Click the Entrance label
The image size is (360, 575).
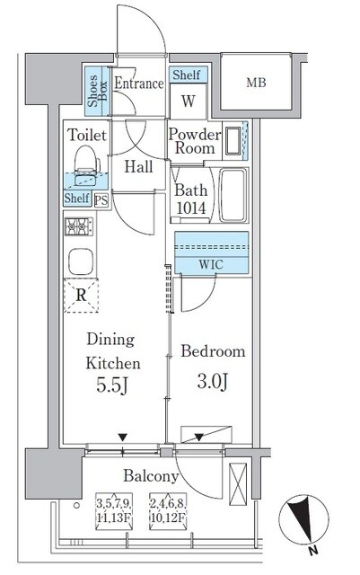(139, 84)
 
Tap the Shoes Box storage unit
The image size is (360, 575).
(97, 91)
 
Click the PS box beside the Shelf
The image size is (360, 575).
(101, 200)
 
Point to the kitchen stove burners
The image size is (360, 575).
(79, 226)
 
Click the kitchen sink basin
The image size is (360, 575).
(81, 261)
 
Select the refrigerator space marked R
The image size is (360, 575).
(81, 296)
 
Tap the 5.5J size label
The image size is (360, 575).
(112, 385)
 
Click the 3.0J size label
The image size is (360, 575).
(213, 382)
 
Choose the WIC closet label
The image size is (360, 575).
(211, 264)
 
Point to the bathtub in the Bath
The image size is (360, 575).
(233, 195)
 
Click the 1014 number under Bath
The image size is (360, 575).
(191, 208)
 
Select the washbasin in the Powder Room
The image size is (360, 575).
(233, 141)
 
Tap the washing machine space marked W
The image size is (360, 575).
(189, 101)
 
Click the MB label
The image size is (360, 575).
(256, 83)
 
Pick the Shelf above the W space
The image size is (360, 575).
(189, 75)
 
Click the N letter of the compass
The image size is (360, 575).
(312, 550)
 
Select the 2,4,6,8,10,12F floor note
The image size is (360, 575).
(168, 511)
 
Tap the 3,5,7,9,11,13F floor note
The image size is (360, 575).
(114, 511)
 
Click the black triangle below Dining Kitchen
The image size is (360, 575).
(122, 438)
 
